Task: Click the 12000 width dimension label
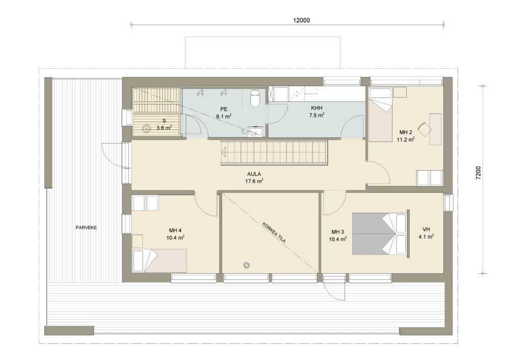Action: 301,20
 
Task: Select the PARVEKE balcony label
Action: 86,228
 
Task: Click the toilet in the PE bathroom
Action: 255,98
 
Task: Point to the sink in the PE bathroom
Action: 256,132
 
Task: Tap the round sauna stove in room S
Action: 146,127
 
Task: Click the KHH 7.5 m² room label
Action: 317,112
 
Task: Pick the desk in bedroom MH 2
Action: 435,129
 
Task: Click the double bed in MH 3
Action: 380,234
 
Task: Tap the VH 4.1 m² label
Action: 426,233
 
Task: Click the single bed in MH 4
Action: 160,261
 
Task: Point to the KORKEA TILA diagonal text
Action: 274,232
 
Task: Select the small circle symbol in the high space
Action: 246,266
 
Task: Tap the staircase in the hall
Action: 274,152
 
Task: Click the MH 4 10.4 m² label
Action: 175,234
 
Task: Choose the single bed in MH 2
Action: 380,115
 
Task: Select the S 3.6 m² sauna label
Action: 164,124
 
